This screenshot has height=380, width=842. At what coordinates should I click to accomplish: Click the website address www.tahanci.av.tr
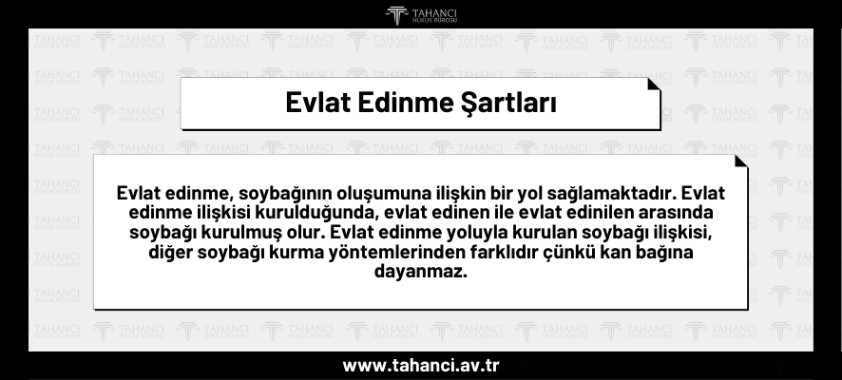pos(421,366)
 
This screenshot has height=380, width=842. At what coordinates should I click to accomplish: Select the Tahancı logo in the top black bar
pos(421,15)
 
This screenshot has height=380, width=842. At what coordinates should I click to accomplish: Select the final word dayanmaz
pos(421,271)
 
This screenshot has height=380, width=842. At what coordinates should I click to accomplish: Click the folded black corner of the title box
pos(654,85)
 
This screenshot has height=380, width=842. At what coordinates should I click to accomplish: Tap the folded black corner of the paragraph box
pos(741,161)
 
